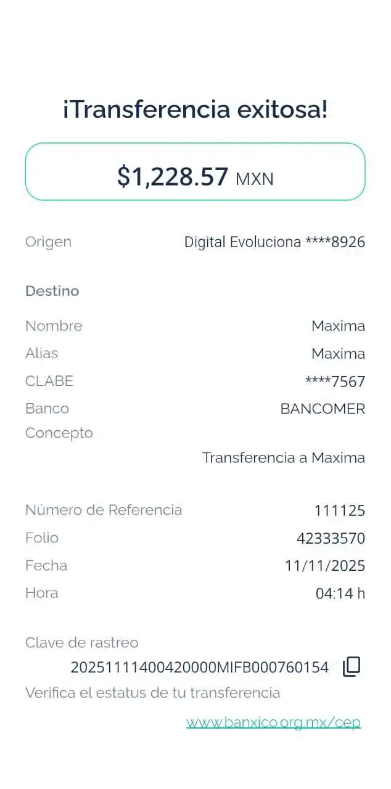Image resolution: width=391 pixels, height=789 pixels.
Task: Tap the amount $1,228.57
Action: pos(173,177)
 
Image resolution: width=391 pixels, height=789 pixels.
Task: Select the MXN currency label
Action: pos(254,179)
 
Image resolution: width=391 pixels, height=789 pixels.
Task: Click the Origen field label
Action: pos(49,242)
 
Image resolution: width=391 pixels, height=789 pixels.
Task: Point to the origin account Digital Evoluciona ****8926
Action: pos(274,242)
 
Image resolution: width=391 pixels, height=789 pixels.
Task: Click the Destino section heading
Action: pos(52,291)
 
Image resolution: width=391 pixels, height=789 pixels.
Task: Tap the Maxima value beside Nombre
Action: pos(337,325)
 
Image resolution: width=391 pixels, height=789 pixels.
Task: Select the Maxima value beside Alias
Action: pos(337,353)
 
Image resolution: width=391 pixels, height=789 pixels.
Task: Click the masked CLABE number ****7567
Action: pos(335,382)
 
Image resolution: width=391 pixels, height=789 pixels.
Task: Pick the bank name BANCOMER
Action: pos(322,409)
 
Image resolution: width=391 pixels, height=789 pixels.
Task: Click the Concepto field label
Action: pos(59,433)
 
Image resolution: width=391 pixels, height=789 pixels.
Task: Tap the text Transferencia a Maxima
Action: pos(283,458)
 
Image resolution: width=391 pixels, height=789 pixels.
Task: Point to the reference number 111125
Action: pos(339,510)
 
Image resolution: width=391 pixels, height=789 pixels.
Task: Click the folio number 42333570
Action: pos(331,538)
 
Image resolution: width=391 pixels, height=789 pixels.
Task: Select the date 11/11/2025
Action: pos(325,566)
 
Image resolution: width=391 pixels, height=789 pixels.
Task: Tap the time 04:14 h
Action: pos(340,594)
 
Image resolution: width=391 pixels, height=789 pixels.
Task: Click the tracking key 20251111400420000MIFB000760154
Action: pos(200,667)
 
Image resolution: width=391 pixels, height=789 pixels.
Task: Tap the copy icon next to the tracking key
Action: pos(352,666)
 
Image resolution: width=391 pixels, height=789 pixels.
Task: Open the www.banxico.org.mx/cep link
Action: pos(273,722)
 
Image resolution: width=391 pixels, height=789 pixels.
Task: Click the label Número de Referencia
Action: pos(104,510)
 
